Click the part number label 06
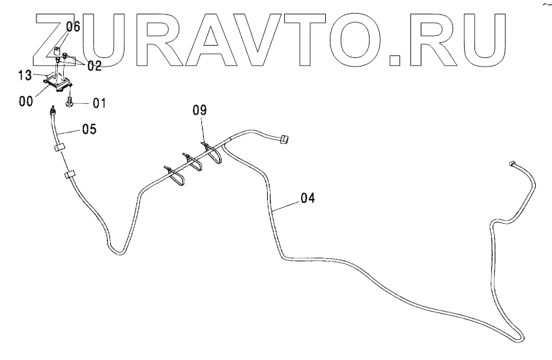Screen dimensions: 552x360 click(x=72, y=27)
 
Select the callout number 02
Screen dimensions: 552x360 click(x=94, y=66)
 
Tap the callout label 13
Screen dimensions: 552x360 click(x=25, y=76)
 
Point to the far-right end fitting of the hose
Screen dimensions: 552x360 click(x=512, y=163)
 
